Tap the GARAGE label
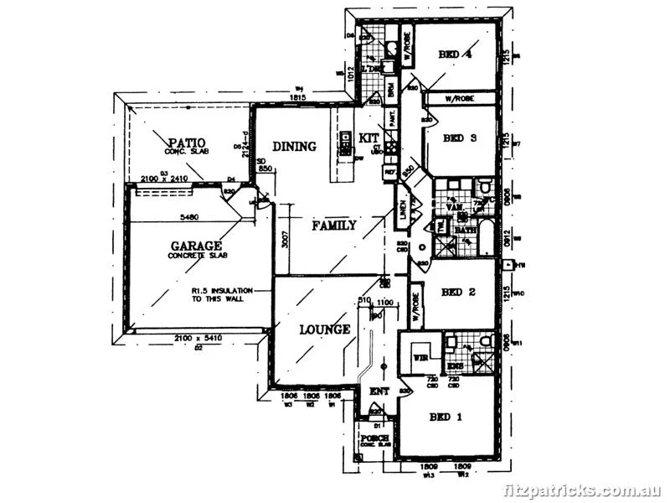[196, 246]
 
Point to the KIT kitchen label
[369, 137]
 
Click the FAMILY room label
[334, 225]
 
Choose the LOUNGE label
[325, 329]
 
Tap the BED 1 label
[446, 417]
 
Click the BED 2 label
[458, 292]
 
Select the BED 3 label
[459, 138]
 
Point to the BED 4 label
[456, 54]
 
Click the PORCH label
[374, 438]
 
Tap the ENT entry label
[381, 391]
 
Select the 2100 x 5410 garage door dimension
[198, 337]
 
